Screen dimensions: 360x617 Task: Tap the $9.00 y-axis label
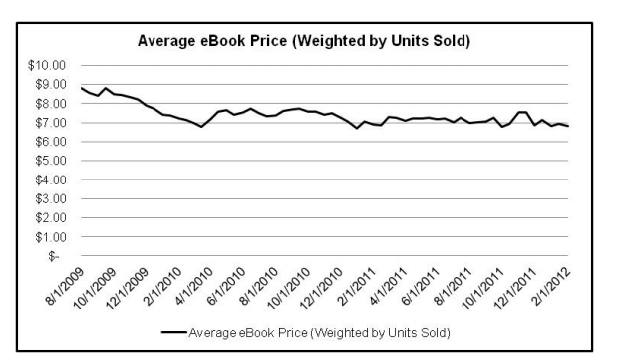pos(48,84)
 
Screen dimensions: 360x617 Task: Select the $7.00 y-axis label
pos(48,123)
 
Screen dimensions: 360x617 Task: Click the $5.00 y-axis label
pos(48,161)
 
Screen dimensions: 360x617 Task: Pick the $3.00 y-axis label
pos(48,198)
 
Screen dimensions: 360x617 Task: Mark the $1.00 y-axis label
pos(48,237)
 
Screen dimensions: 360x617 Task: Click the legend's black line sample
pos(170,330)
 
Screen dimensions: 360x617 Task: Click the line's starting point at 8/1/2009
pos(81,88)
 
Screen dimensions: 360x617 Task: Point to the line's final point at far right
pos(568,127)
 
